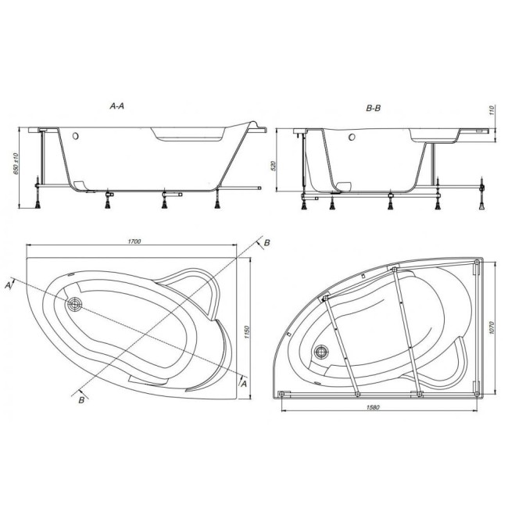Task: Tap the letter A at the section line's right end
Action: (245, 383)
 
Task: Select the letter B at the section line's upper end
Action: (267, 243)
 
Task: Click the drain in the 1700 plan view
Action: (76, 305)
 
